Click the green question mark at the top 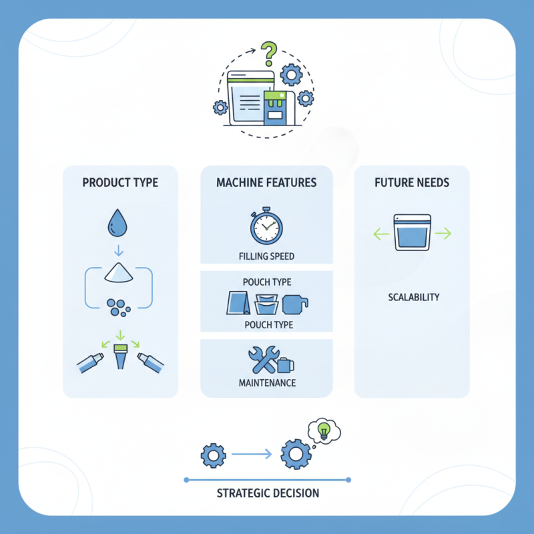pyautogui.click(x=268, y=51)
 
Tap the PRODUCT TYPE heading pyautogui.click(x=120, y=182)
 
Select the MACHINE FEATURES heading pyautogui.click(x=266, y=182)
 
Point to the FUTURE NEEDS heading pyautogui.click(x=412, y=182)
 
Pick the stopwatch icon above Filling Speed pyautogui.click(x=266, y=228)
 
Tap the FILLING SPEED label pyautogui.click(x=266, y=256)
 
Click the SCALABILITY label pyautogui.click(x=414, y=297)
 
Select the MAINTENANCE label pyautogui.click(x=266, y=383)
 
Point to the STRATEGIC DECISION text pyautogui.click(x=268, y=493)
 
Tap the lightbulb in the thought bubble pyautogui.click(x=324, y=429)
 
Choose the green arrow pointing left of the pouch pyautogui.click(x=381, y=234)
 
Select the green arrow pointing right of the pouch pyautogui.click(x=443, y=234)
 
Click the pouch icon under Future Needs pyautogui.click(x=412, y=232)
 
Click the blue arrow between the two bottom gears pyautogui.click(x=252, y=455)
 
